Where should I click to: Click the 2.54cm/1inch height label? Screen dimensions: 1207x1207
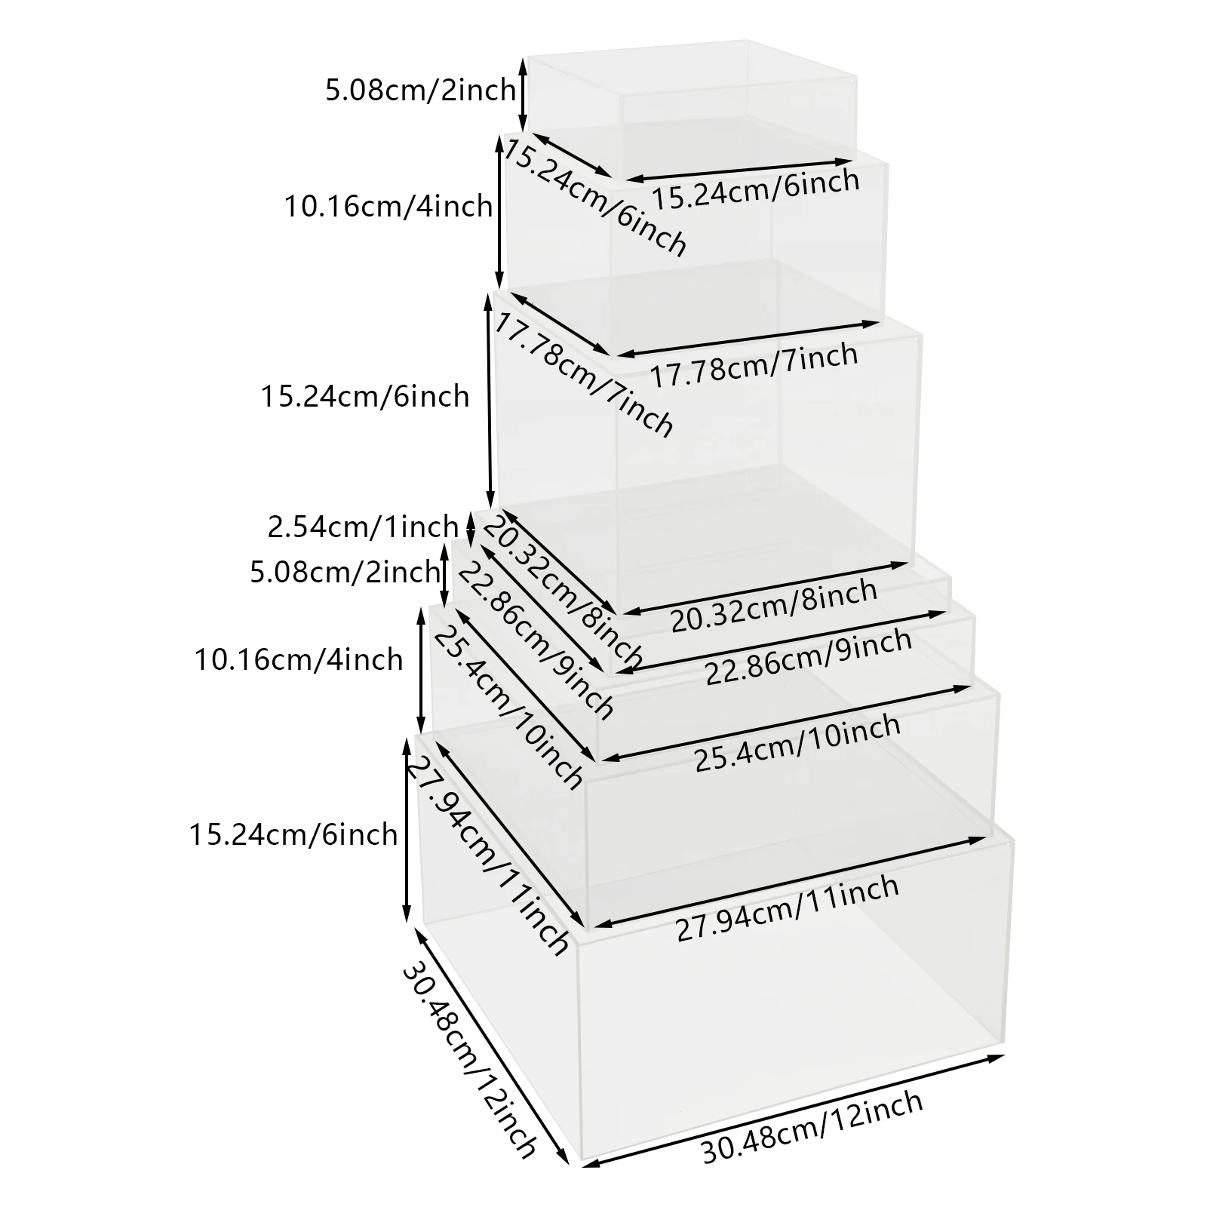363,526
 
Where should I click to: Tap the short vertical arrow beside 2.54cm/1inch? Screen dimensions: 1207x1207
471,528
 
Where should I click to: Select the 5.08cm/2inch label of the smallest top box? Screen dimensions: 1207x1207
420,91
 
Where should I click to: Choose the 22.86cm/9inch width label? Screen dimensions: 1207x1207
809,656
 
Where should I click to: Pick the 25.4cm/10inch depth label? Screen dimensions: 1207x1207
507,707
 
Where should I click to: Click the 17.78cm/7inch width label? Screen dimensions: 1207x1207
754,365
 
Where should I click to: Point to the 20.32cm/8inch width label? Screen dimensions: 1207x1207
774,605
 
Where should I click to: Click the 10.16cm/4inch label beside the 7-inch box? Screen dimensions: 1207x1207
388,206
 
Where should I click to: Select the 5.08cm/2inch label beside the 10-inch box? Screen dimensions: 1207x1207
345,572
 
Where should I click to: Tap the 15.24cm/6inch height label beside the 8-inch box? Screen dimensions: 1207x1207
365,396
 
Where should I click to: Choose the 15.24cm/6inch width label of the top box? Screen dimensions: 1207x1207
755,189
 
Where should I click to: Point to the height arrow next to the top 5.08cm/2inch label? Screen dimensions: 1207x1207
522,94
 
